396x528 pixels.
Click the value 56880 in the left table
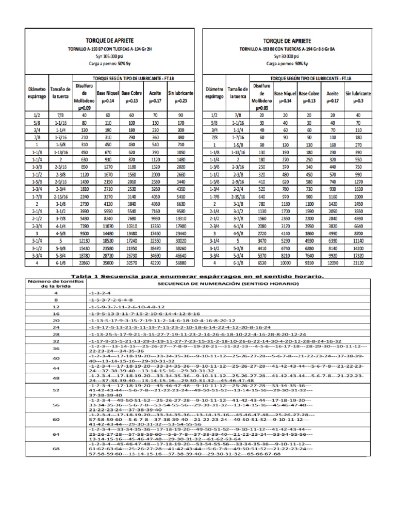click(x=180, y=261)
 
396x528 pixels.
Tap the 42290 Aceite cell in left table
click(x=156, y=261)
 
